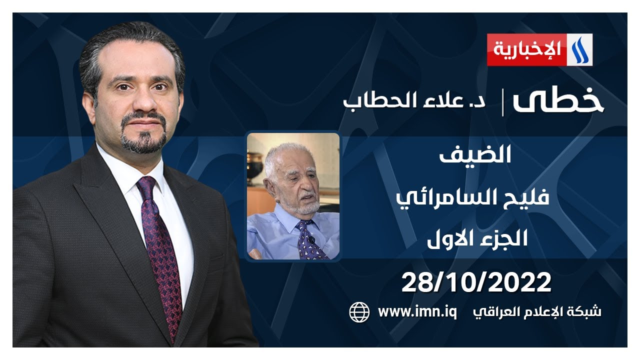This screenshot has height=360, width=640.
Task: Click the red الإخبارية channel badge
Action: [x=526, y=49]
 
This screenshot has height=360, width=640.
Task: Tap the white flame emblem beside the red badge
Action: [x=579, y=49]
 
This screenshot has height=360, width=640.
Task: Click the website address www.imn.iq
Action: [x=417, y=312]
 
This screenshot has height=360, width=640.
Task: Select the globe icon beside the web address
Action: [x=359, y=312]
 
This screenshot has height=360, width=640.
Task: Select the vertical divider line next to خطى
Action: [x=503, y=102]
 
